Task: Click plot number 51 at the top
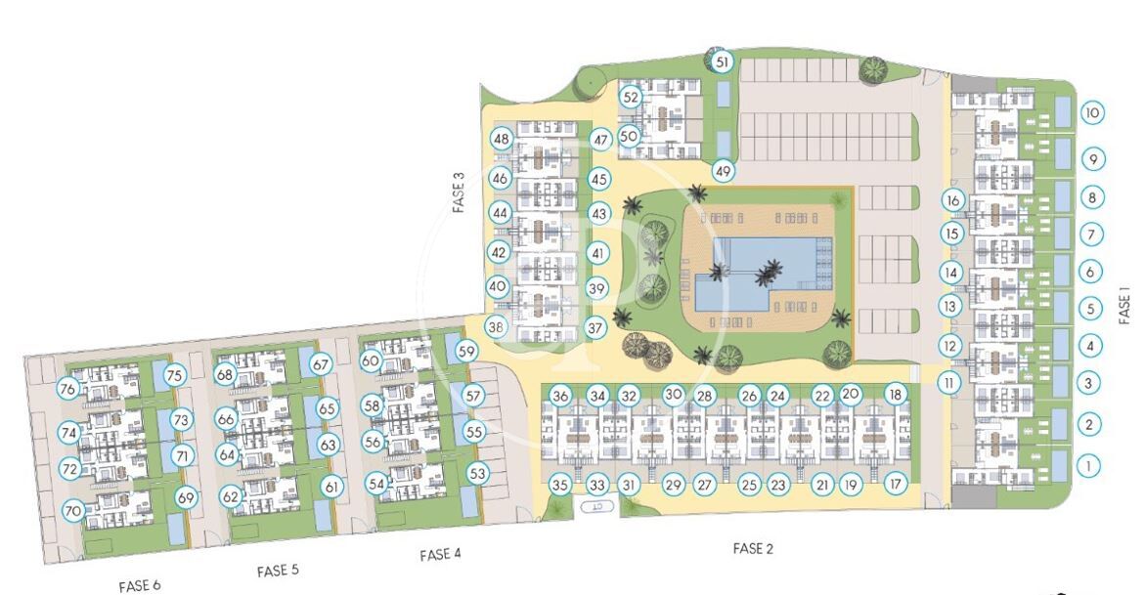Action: tap(723, 63)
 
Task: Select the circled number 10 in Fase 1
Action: tap(1091, 113)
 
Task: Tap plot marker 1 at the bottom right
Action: tap(1089, 465)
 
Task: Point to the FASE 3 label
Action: tap(459, 192)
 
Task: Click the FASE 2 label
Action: tap(753, 548)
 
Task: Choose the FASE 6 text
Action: tap(140, 585)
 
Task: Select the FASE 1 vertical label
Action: tap(1124, 305)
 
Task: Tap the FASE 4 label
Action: tap(440, 555)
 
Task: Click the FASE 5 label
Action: tap(279, 571)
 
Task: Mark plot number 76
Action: tap(67, 389)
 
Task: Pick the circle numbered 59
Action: tap(466, 352)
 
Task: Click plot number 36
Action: tap(560, 397)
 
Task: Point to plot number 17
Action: tap(896, 484)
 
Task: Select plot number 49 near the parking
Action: tap(723, 172)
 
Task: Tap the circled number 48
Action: tap(501, 139)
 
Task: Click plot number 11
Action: tap(948, 383)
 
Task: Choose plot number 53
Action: tap(477, 474)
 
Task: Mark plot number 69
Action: tap(186, 498)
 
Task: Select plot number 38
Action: tap(497, 327)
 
